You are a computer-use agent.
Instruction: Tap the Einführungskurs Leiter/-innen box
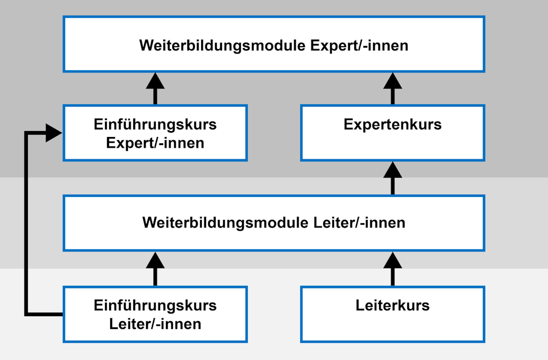click(155, 314)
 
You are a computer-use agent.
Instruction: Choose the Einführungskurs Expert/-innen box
click(155, 133)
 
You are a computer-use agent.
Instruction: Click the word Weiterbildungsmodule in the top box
click(223, 45)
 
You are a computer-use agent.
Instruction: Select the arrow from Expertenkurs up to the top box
click(392, 88)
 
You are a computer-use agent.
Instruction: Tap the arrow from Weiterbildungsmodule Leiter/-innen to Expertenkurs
click(392, 179)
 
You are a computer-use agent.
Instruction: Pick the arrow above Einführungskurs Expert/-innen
click(155, 88)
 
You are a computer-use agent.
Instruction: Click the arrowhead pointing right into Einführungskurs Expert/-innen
click(54, 133)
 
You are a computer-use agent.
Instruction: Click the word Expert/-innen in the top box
click(359, 45)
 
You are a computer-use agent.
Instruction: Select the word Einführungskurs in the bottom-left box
click(155, 305)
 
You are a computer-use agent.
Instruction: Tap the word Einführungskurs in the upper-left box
click(155, 125)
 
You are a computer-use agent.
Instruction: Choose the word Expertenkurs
click(392, 125)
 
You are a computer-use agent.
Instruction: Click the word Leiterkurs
click(392, 305)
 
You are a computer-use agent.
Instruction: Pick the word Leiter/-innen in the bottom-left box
click(155, 324)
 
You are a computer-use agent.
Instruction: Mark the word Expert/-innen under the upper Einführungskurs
click(155, 143)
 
